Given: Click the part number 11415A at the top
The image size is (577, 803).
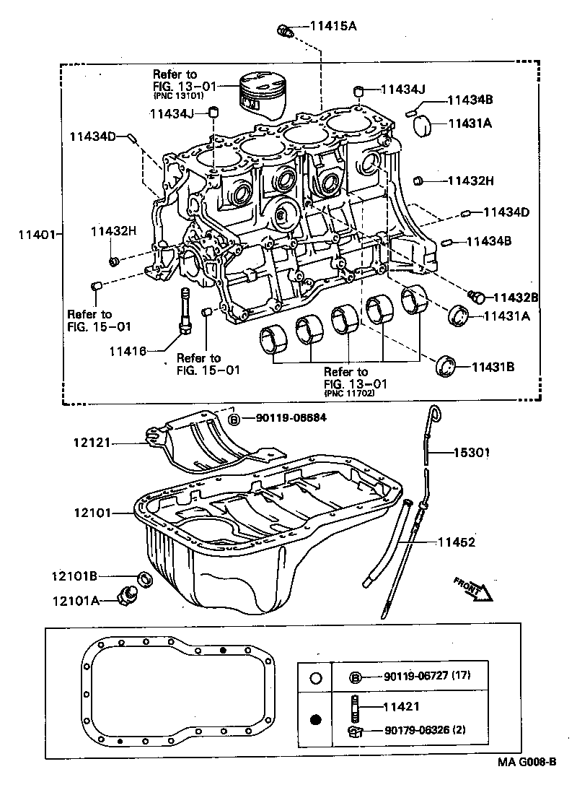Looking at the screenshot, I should [332, 27].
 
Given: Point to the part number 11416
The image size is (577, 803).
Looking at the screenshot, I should [128, 351].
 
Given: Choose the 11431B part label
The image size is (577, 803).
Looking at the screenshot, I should [493, 367].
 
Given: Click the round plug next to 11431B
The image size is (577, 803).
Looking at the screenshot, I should [446, 365].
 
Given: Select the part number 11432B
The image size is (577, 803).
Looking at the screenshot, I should [515, 297].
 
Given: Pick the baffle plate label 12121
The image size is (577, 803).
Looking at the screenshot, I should [92, 443].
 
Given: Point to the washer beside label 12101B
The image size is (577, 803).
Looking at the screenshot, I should [144, 578].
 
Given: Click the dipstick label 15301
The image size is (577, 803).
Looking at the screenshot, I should [472, 453].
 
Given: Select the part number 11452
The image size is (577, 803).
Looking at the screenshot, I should [456, 542].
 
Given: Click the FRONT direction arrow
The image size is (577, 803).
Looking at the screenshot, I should [473, 589].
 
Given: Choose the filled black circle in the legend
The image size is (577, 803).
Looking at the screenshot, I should [314, 719].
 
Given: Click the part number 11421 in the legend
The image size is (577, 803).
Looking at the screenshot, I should [402, 706].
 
